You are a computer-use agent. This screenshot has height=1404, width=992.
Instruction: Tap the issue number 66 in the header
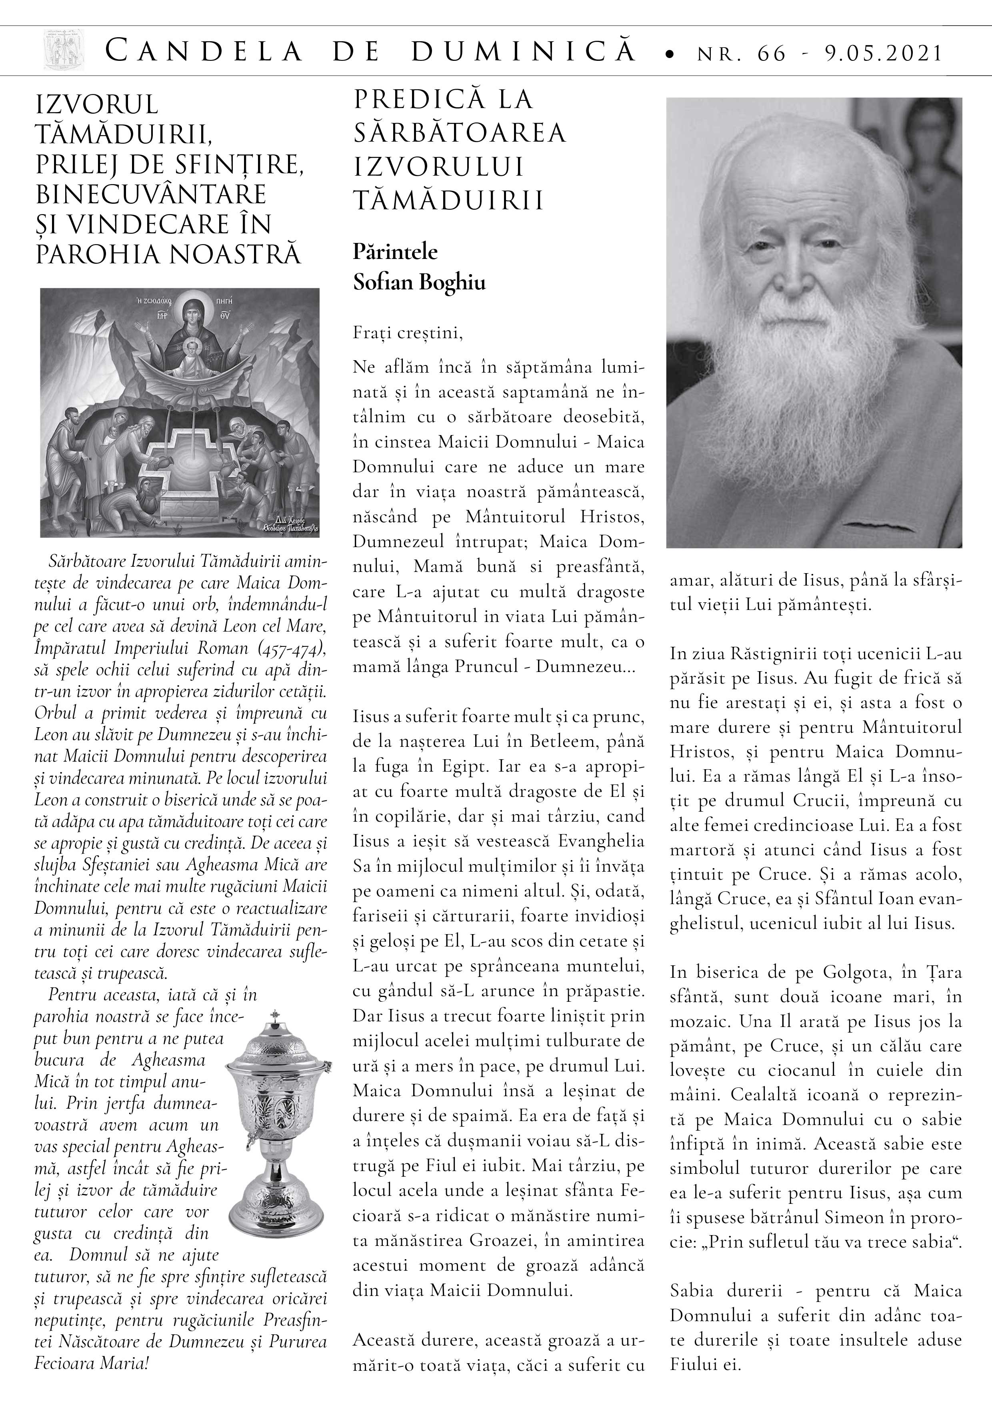(x=771, y=53)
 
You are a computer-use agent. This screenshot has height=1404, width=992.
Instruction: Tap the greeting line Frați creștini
(x=408, y=334)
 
